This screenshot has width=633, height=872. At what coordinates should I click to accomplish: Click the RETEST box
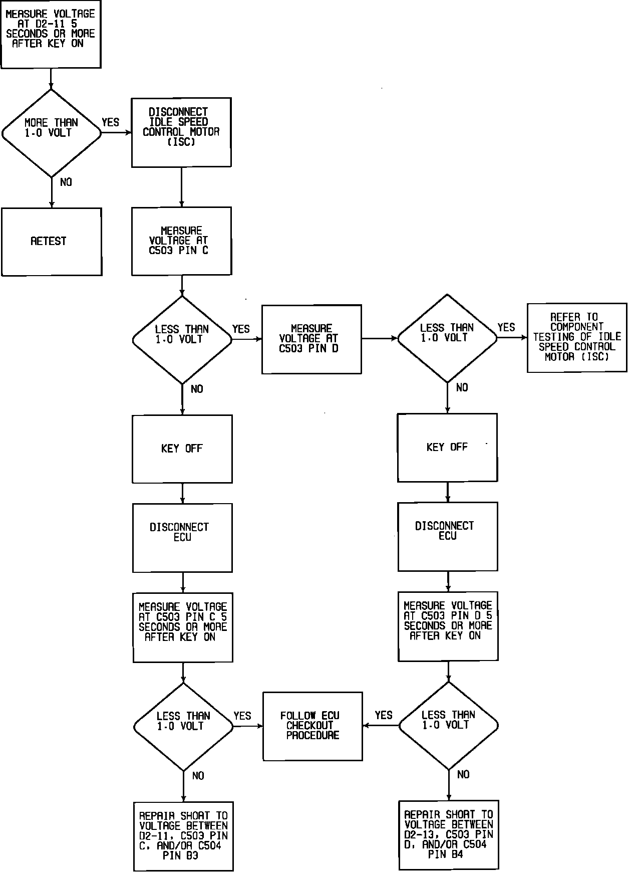pyautogui.click(x=51, y=242)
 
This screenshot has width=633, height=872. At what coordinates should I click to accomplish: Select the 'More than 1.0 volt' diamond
pyautogui.click(x=51, y=133)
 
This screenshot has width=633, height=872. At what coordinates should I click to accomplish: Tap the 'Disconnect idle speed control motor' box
pyautogui.click(x=181, y=132)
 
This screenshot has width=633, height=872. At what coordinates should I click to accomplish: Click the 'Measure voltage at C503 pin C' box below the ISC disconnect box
pyautogui.click(x=181, y=241)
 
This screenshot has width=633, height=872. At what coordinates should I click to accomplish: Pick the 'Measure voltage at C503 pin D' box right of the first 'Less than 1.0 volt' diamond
pyautogui.click(x=311, y=339)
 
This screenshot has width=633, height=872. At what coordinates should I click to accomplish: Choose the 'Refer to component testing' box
pyautogui.click(x=577, y=337)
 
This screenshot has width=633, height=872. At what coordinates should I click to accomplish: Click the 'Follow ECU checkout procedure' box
pyautogui.click(x=312, y=726)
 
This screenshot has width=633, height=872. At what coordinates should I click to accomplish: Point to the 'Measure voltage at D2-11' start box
pyautogui.click(x=51, y=34)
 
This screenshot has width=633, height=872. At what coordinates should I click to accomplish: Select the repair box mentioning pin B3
pyautogui.click(x=183, y=836)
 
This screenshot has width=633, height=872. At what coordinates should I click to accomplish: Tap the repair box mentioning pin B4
pyautogui.click(x=449, y=835)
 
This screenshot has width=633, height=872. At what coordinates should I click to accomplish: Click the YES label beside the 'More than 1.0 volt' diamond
pyautogui.click(x=111, y=122)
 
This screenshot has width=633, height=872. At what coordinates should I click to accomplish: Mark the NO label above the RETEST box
pyautogui.click(x=66, y=182)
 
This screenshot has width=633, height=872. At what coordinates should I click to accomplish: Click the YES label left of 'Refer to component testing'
pyautogui.click(x=506, y=328)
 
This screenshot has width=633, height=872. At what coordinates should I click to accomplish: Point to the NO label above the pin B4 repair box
pyautogui.click(x=463, y=775)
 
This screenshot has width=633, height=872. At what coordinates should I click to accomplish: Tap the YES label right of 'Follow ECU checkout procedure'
pyautogui.click(x=384, y=715)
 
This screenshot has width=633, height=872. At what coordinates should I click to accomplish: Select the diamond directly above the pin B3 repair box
pyautogui.click(x=183, y=726)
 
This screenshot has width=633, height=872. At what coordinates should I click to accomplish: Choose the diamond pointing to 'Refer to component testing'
pyautogui.click(x=447, y=338)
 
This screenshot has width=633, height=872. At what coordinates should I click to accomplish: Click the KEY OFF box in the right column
pyautogui.click(x=447, y=448)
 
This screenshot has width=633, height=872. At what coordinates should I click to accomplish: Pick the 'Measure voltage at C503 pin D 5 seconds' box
pyautogui.click(x=448, y=626)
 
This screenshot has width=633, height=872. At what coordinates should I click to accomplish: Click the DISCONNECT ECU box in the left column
pyautogui.click(x=182, y=538)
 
